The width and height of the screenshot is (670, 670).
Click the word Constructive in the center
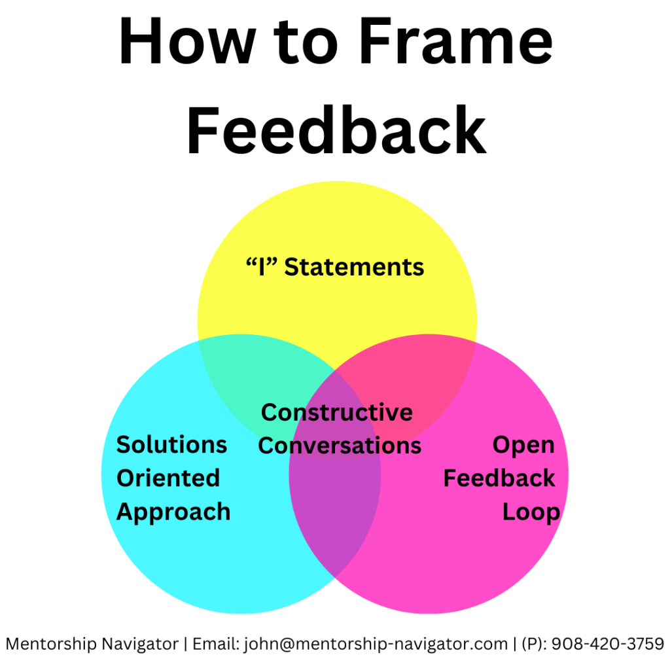337,412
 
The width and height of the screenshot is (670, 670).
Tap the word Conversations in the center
340,446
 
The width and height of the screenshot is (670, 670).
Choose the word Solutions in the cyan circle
171,445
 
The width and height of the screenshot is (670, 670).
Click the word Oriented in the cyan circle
168,478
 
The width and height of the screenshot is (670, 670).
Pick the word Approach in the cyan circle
173,512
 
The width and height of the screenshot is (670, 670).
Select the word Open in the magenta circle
523,445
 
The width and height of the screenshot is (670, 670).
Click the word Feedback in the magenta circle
499,478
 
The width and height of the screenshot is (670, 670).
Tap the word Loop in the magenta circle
531,512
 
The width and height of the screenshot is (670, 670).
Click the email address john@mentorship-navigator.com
376,644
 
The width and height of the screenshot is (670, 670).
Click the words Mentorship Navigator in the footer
92,644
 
